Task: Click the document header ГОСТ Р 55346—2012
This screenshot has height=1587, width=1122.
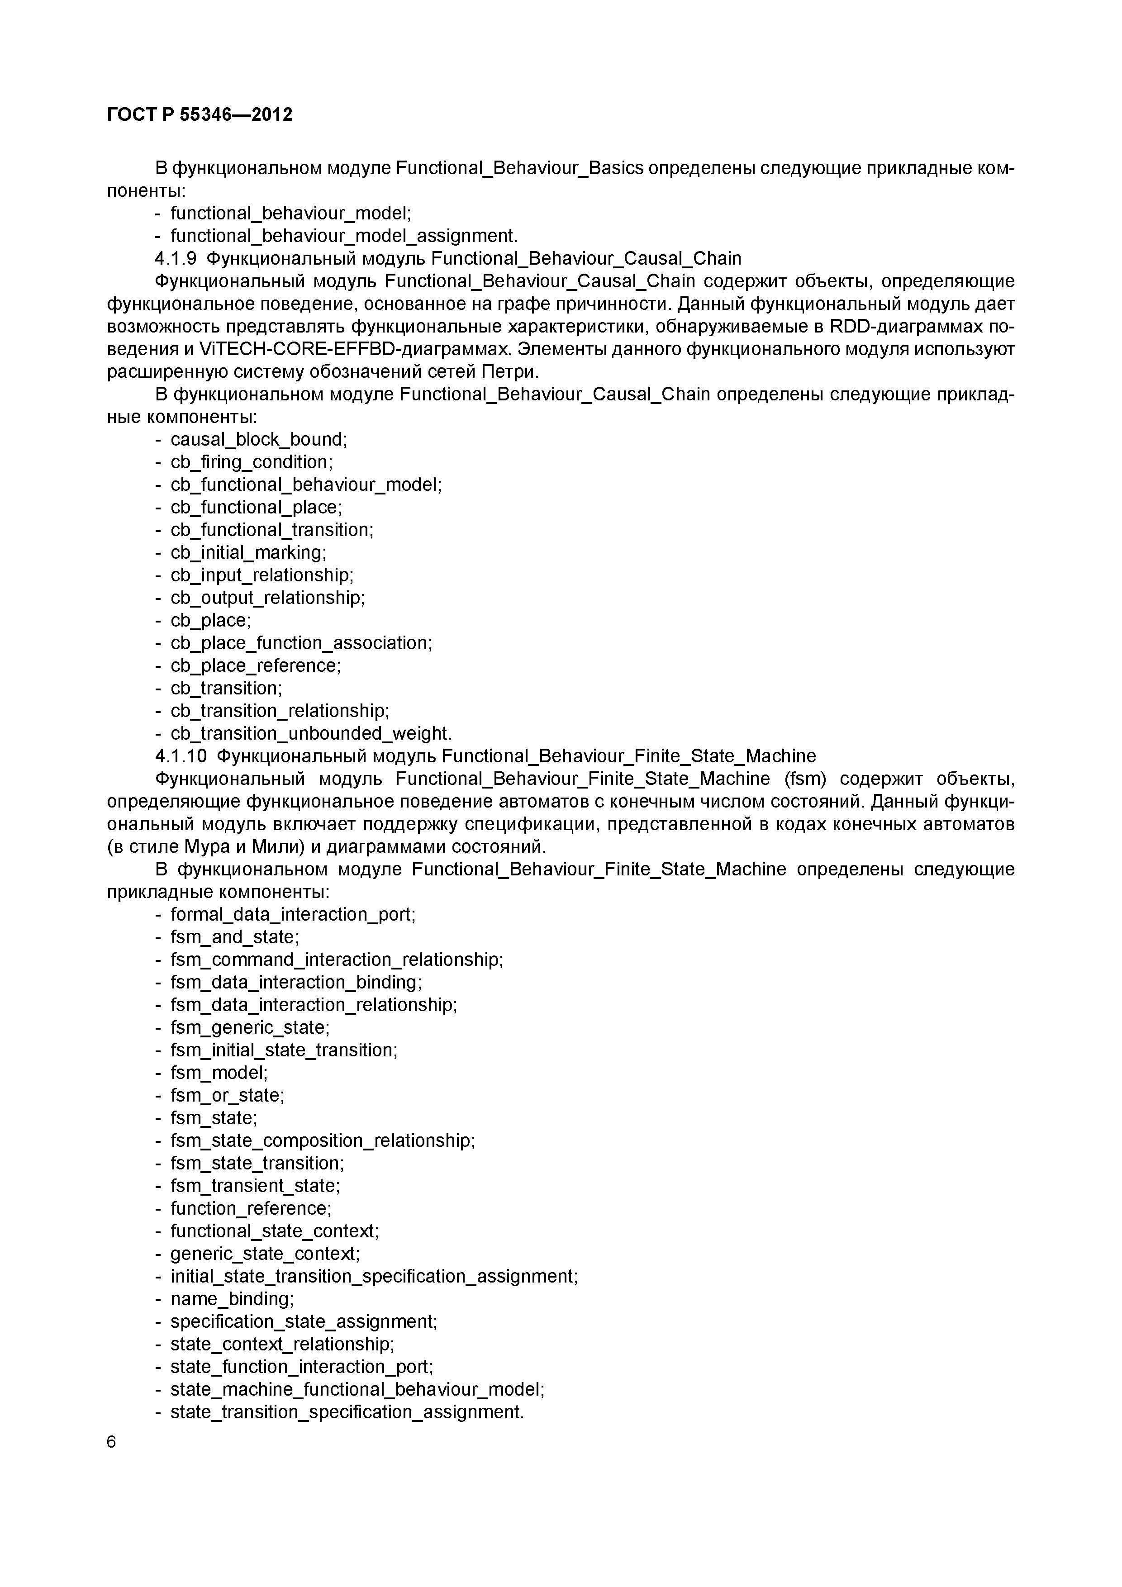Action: click(200, 115)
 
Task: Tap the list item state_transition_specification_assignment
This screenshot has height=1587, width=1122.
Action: click(347, 1411)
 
